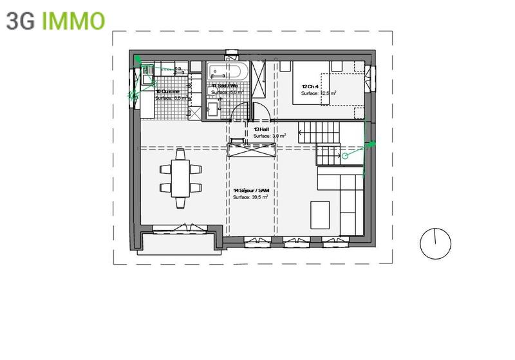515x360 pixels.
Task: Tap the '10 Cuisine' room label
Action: click(x=167, y=91)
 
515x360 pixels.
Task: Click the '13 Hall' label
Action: click(x=261, y=129)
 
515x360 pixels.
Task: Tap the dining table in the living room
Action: click(x=180, y=180)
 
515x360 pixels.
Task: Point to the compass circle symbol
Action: click(x=435, y=243)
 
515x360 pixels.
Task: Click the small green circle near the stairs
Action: click(x=344, y=155)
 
